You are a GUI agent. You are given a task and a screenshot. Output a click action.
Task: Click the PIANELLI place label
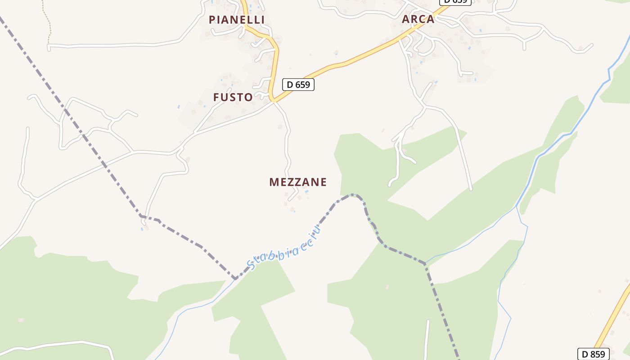pos(237,20)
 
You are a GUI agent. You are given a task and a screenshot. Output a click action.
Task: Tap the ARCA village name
pos(418,19)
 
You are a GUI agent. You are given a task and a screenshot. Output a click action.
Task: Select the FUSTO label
pos(233,97)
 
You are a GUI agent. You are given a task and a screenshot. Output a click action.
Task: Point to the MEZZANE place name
pos(298,182)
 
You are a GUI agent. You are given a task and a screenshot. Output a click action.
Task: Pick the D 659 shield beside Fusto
pos(298,85)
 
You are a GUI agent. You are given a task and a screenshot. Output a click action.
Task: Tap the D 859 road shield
pos(593,354)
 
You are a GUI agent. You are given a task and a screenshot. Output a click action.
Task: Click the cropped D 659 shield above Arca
pos(455,2)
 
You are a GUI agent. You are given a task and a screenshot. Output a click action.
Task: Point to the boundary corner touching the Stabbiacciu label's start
pos(235,279)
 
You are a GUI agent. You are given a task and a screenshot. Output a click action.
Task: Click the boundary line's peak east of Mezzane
pos(355,195)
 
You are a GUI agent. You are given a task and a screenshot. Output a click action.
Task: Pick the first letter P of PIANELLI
pos(212,20)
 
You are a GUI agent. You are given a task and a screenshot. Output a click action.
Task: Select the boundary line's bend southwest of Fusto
pos(141,216)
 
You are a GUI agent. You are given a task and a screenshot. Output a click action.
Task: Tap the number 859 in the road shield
pos(597,354)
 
